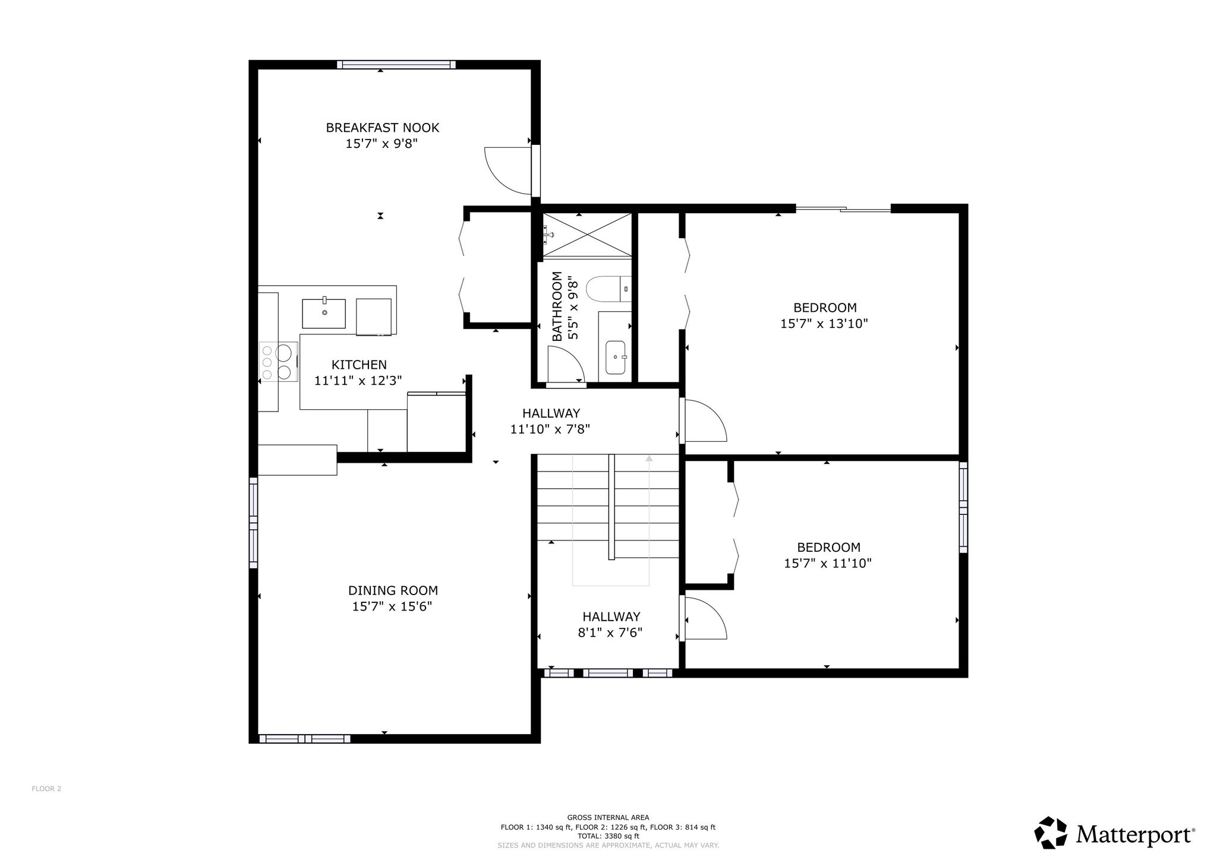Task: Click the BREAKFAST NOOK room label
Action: [x=382, y=128]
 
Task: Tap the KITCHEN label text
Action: [x=359, y=365]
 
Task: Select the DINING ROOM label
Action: [x=393, y=590]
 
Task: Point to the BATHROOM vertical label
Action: [x=557, y=306]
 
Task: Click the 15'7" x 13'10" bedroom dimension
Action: [x=824, y=324]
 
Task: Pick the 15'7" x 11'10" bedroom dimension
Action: [x=828, y=563]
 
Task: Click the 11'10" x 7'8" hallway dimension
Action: [x=550, y=429]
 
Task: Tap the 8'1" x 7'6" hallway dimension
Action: [x=610, y=633]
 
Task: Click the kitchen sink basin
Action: [x=324, y=314]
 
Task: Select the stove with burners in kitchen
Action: [x=278, y=362]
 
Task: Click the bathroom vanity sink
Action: [x=615, y=358]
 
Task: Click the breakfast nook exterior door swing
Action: [x=508, y=170]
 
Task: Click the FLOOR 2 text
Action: [x=46, y=789]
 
